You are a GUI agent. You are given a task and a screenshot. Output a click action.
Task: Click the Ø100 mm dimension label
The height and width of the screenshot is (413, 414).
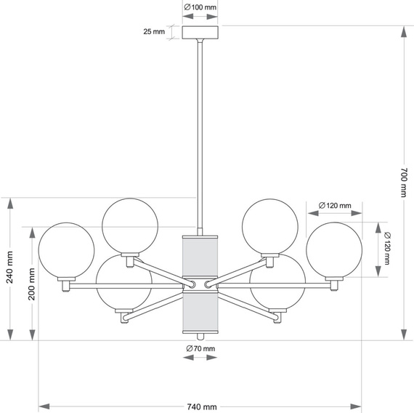pyautogui.click(x=200, y=7)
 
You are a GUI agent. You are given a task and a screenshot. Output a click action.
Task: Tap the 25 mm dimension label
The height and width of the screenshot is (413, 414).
pyautogui.click(x=155, y=32)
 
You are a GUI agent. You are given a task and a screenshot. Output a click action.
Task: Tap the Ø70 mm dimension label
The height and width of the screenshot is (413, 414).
pyautogui.click(x=200, y=350)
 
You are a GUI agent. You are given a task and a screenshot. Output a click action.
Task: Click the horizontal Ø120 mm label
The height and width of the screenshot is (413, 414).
pyautogui.click(x=334, y=206)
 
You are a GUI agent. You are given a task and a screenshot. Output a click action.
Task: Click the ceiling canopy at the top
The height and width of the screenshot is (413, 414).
pyautogui.click(x=200, y=33)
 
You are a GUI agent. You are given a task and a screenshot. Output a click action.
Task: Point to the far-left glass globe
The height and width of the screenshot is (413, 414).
pyautogui.click(x=67, y=252)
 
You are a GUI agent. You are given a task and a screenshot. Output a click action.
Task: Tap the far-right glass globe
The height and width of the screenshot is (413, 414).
pyautogui.click(x=334, y=249)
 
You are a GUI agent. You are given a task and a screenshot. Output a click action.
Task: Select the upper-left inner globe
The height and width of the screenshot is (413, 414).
pyautogui.click(x=131, y=226)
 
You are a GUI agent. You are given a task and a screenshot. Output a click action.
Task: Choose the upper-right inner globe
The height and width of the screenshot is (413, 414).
pyautogui.click(x=270, y=226)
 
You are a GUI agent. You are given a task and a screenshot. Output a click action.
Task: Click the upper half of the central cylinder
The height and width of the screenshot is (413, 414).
pyautogui.click(x=200, y=255)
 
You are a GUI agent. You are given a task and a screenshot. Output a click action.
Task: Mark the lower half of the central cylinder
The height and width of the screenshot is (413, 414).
pyautogui.click(x=200, y=310)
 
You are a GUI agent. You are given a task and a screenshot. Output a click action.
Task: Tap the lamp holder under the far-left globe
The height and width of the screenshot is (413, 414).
pyautogui.click(x=67, y=284)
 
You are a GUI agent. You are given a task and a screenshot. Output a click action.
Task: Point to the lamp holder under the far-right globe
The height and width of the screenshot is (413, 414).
pyautogui.click(x=334, y=282)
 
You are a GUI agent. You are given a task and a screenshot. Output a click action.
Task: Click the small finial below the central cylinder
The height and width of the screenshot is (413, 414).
pyautogui.click(x=200, y=335)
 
